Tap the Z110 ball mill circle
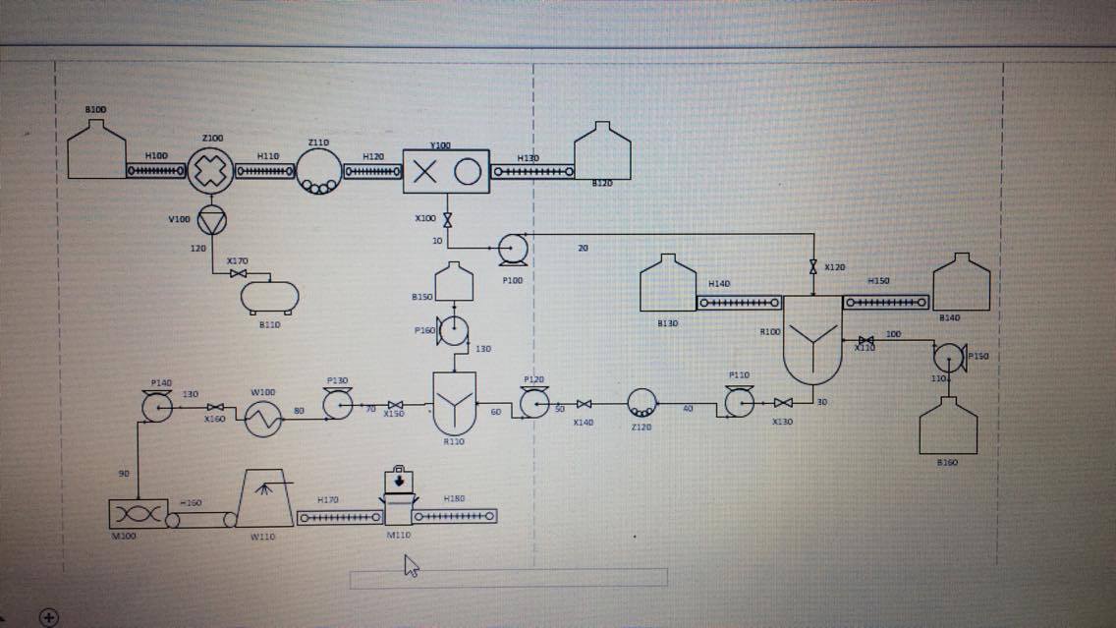(319, 173)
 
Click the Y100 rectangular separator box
(445, 172)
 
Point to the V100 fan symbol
(211, 220)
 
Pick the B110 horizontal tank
(269, 296)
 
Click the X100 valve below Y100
(448, 219)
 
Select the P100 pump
(513, 250)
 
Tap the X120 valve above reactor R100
(813, 267)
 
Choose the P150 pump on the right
(950, 356)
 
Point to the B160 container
(948, 427)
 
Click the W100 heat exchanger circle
(262, 421)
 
